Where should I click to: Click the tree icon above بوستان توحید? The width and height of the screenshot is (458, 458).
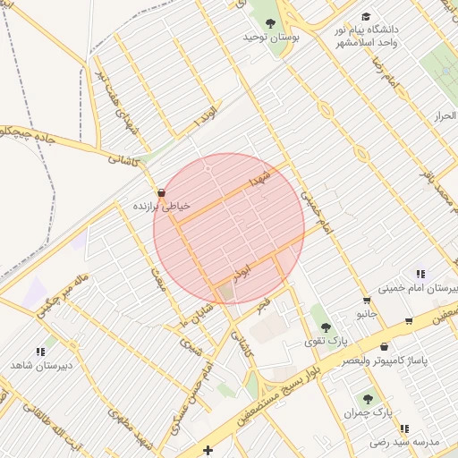coord(271,23)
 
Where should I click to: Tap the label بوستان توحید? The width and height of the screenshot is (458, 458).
coord(271,38)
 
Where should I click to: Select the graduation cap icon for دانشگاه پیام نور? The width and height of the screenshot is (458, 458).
coord(365,17)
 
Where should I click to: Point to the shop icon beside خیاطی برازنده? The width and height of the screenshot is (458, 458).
coord(160,193)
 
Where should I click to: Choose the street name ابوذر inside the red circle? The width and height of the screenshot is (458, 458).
coord(254,267)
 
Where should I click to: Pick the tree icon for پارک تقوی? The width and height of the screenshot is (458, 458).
coord(325,327)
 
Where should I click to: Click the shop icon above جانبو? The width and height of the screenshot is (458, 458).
coord(366,301)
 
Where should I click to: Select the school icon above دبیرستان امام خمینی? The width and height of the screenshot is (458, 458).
coord(420,275)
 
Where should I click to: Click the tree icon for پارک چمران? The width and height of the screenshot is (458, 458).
coord(367,399)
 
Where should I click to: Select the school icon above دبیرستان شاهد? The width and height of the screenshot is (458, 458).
coord(40,352)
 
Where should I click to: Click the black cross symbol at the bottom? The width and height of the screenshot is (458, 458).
coord(208,450)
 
